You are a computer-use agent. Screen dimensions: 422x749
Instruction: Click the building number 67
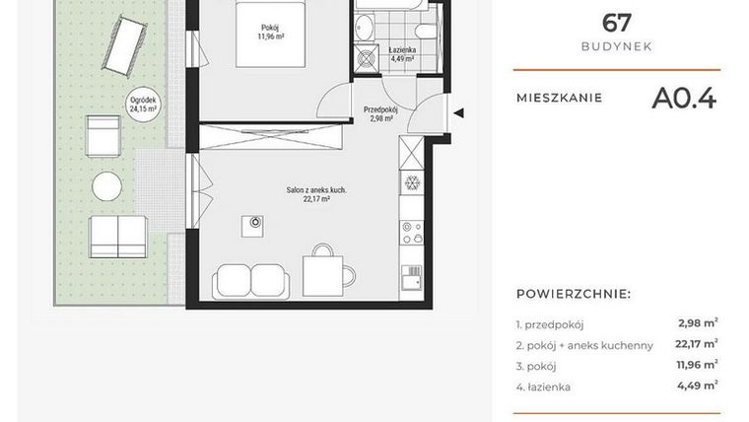tap(616, 22)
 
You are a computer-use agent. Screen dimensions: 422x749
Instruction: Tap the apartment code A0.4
tap(683, 98)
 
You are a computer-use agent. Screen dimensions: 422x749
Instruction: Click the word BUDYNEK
tap(616, 46)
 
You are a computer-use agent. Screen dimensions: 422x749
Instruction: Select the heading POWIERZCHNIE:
tap(574, 294)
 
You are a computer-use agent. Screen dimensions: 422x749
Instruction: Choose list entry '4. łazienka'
tap(543, 387)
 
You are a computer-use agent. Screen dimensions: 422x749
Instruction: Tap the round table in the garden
tap(106, 184)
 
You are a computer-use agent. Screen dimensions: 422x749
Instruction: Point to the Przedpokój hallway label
tap(379, 113)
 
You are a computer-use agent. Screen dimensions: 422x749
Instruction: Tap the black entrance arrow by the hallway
tap(458, 112)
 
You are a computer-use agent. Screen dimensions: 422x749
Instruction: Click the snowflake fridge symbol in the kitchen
tap(412, 182)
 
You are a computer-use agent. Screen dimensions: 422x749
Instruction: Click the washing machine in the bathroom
tap(368, 58)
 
